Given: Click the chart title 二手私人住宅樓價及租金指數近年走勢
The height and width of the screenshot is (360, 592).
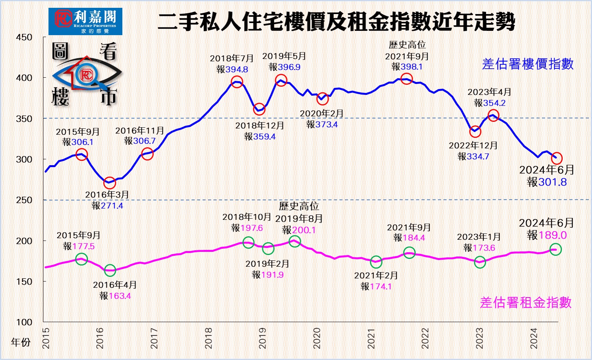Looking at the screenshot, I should pyautogui.click(x=336, y=21).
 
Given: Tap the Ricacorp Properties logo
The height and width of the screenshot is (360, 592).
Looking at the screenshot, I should pyautogui.click(x=85, y=21).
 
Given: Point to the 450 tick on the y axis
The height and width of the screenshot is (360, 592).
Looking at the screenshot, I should pyautogui.click(x=24, y=37).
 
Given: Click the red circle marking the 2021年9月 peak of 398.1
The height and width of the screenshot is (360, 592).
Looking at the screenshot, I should pyautogui.click(x=406, y=79).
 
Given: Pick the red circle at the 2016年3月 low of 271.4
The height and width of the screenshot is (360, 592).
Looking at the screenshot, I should pyautogui.click(x=110, y=182).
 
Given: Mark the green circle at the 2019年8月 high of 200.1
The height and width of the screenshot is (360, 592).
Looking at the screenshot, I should pyautogui.click(x=295, y=241).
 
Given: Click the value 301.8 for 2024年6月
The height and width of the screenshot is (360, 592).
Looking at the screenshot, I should pyautogui.click(x=552, y=182).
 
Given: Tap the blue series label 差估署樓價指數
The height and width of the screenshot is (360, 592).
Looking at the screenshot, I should pyautogui.click(x=528, y=64).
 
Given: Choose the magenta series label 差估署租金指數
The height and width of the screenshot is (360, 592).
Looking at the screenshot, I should pyautogui.click(x=526, y=303).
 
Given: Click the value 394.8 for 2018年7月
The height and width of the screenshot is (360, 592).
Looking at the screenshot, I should pyautogui.click(x=237, y=70).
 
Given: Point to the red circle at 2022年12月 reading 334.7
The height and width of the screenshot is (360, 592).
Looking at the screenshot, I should pyautogui.click(x=475, y=132).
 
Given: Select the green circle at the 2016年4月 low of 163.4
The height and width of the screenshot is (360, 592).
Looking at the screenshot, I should pyautogui.click(x=110, y=270).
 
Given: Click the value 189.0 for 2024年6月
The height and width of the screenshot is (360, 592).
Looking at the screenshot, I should pyautogui.click(x=553, y=235).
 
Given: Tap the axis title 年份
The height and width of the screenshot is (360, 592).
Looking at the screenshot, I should pyautogui.click(x=21, y=342).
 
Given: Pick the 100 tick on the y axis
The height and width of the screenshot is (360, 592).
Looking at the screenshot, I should pyautogui.click(x=24, y=322).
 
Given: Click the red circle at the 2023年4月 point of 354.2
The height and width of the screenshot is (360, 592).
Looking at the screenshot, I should pyautogui.click(x=493, y=116).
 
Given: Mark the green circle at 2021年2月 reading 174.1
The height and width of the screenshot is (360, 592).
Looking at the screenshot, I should pyautogui.click(x=376, y=262).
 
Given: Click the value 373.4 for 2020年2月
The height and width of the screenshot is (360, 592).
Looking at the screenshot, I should pyautogui.click(x=327, y=125).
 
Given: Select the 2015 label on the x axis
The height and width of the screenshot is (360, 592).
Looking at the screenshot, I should pyautogui.click(x=46, y=338).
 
